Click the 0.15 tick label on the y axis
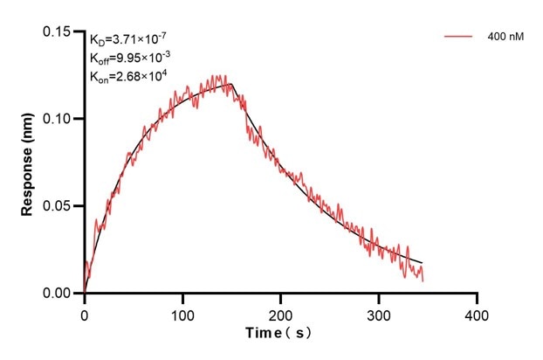coord(58,32)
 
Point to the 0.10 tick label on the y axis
coord(58,119)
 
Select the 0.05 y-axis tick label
coord(58,206)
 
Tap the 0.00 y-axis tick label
coord(58,294)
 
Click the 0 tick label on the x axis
coord(85,312)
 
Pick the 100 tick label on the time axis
coord(182,312)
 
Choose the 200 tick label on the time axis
coord(280,312)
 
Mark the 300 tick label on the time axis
coord(379,312)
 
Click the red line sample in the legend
coord(458,38)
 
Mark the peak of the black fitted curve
coord(231,84)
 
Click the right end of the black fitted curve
coord(423,263)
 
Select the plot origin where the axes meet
coord(85,294)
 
